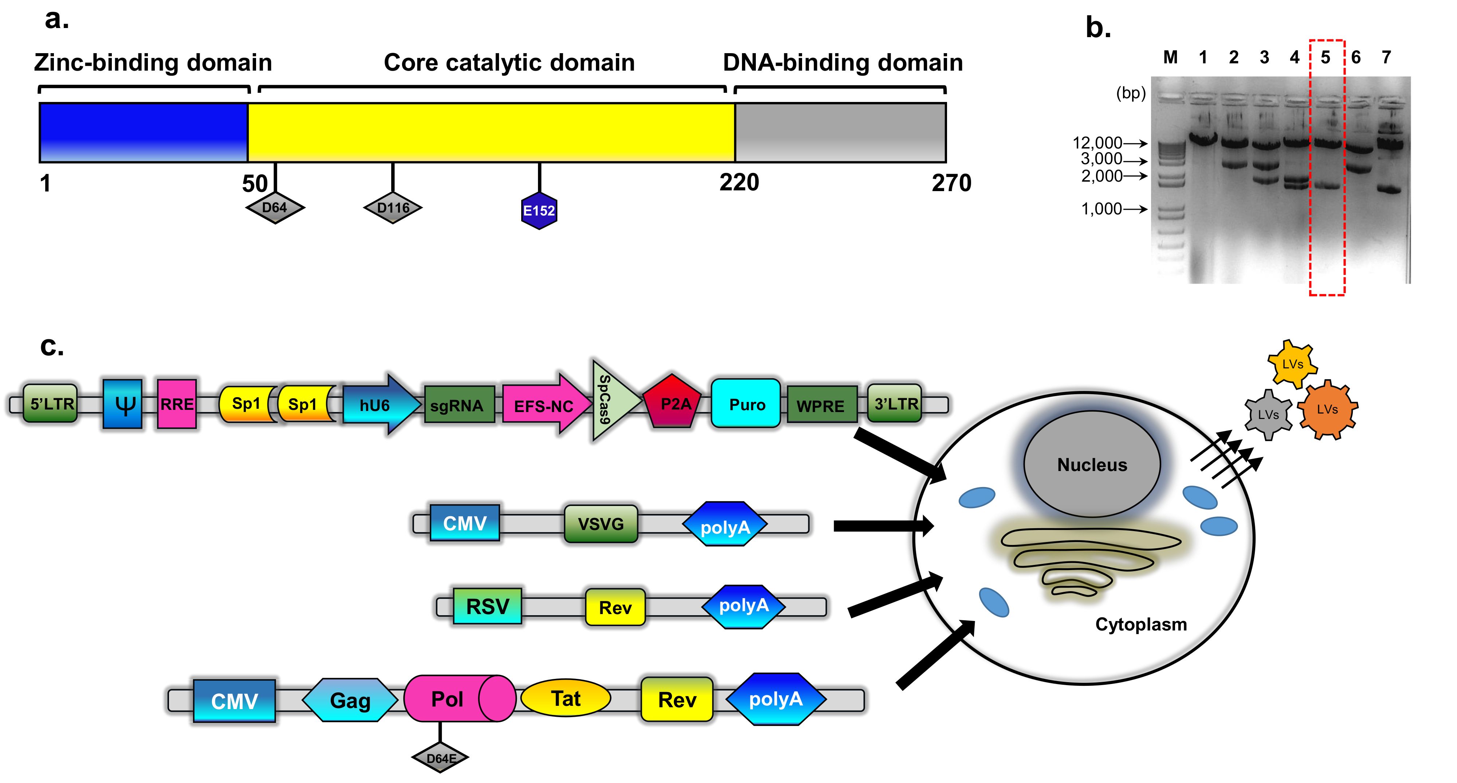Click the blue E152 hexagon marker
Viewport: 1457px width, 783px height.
539,210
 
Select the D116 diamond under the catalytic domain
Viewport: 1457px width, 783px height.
393,207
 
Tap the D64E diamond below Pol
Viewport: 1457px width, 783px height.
440,758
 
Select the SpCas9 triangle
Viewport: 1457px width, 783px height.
614,400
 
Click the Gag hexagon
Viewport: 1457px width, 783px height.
350,700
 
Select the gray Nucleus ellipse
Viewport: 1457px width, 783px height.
1092,464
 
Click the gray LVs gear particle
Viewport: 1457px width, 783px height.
1268,414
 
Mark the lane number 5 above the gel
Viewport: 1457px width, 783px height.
1325,57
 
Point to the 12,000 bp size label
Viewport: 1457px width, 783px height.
1097,143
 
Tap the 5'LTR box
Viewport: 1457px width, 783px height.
51,403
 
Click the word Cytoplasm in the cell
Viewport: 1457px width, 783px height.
1141,624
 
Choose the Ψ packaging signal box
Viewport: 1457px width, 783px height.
123,404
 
